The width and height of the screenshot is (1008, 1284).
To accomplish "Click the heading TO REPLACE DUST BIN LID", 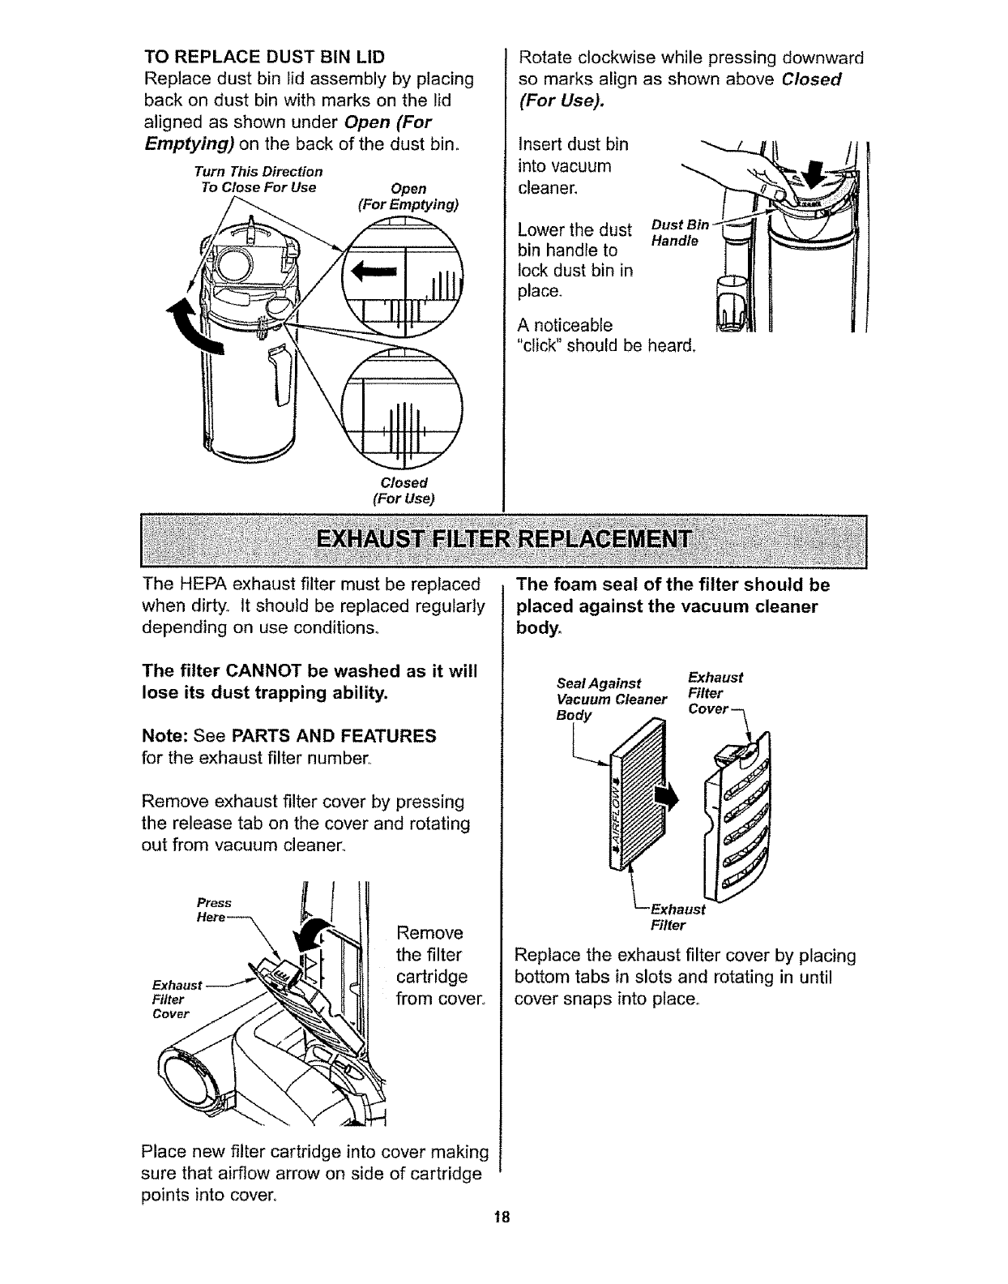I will pos(263,58).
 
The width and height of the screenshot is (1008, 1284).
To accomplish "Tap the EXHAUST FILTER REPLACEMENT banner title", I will pos(503,541).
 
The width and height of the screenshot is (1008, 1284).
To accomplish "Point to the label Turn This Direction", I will pos(258,172).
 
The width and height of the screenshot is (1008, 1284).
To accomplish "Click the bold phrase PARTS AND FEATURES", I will pos(334,736).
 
